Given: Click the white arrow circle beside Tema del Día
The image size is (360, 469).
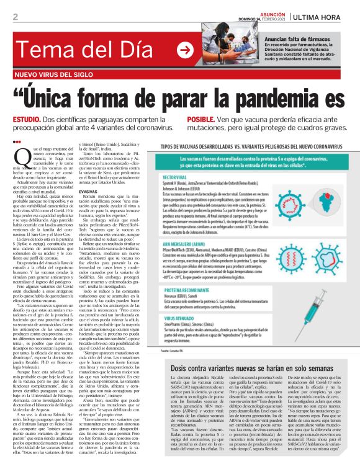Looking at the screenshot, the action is [185, 51].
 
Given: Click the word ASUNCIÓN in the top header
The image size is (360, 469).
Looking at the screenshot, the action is [261, 13].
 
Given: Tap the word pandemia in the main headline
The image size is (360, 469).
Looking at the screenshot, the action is [255, 98].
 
